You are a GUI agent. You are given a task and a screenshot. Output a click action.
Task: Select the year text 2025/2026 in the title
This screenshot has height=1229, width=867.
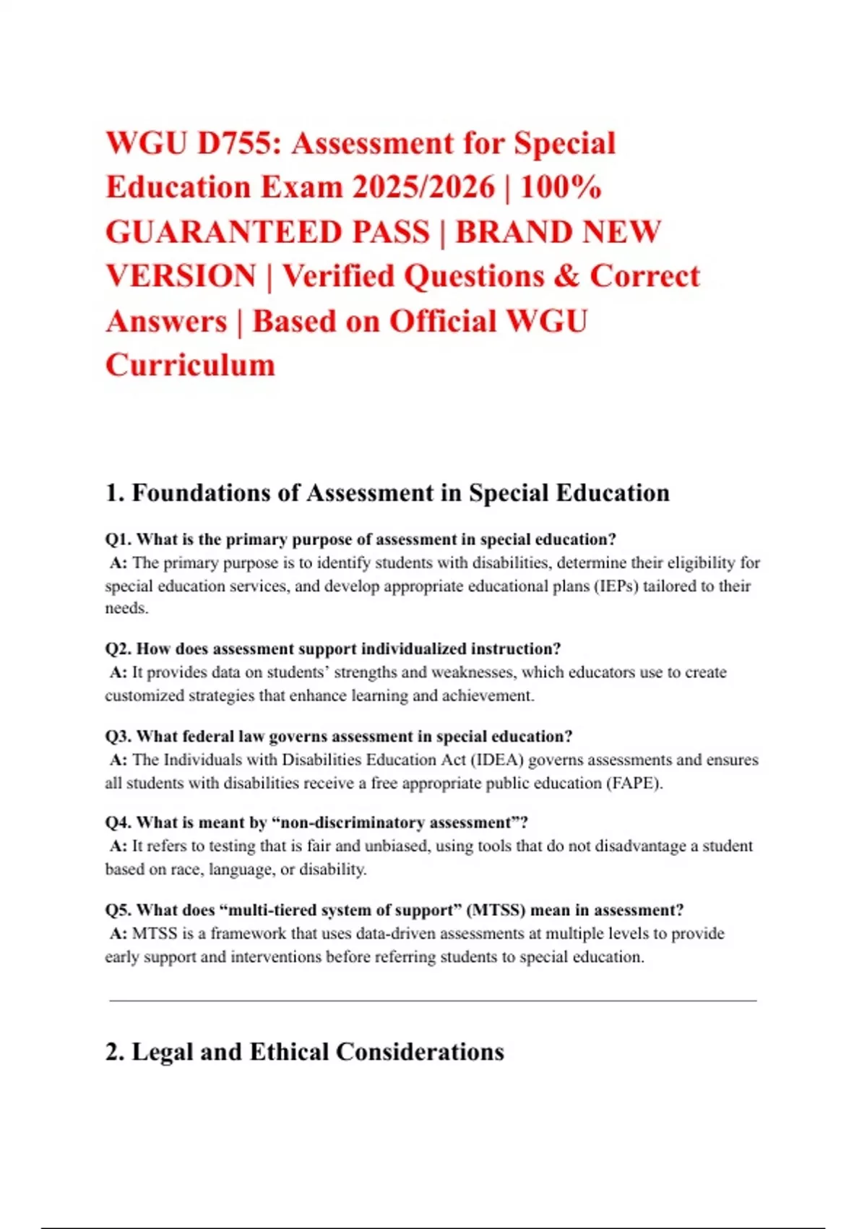(423, 187)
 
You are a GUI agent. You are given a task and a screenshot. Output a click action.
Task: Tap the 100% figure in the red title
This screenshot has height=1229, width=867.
(561, 187)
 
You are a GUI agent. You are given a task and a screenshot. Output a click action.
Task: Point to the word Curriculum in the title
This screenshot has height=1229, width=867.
(190, 365)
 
